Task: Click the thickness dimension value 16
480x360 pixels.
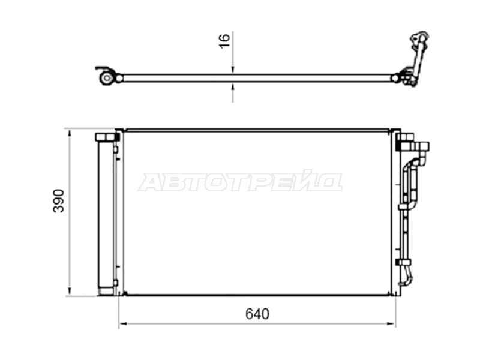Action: (224, 40)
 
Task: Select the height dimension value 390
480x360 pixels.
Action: (58, 201)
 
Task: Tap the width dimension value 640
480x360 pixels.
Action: (257, 314)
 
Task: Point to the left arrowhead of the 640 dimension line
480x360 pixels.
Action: (123, 323)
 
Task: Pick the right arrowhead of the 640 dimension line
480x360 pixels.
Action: (392, 323)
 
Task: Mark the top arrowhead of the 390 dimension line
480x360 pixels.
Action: (70, 133)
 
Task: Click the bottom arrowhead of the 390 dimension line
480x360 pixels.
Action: (70, 292)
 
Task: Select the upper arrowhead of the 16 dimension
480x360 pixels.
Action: (233, 70)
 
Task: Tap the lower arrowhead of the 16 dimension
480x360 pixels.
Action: (233, 86)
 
